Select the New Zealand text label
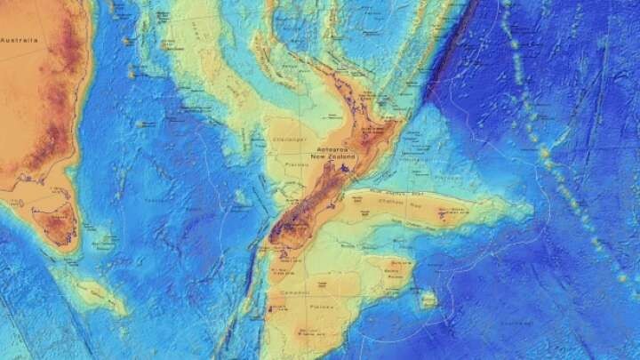pos(332,157)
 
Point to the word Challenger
pos(290,139)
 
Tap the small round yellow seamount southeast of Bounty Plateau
pos(428,300)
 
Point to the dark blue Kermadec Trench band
pos(449,62)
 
